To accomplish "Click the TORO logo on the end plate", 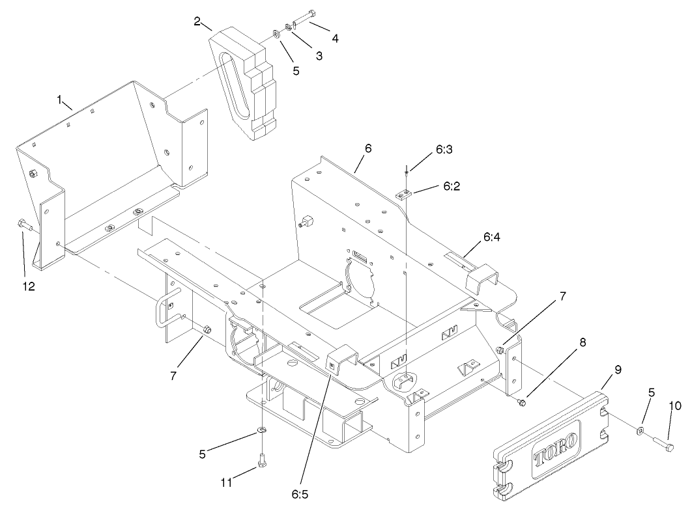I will click(x=556, y=448).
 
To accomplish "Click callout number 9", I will click(x=617, y=370).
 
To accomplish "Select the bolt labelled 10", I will click(x=664, y=445).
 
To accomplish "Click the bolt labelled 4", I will click(x=305, y=18).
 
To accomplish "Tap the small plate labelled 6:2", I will click(x=405, y=193).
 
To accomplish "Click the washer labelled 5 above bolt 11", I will click(x=262, y=430).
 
